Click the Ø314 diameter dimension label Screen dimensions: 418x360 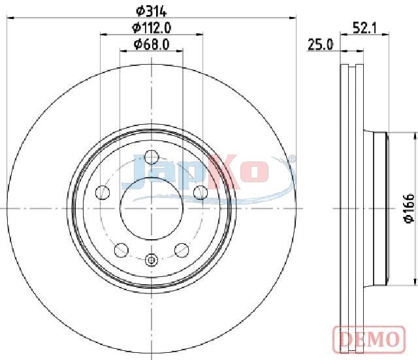pos(151,12)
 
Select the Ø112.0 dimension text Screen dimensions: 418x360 pos(152,28)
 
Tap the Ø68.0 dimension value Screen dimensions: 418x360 pos(152,44)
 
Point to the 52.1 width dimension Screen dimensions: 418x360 pos(364,27)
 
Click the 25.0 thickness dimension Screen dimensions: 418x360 pos(320,44)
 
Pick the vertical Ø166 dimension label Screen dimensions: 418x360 pos(409,208)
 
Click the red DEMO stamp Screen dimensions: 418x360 pos(369,339)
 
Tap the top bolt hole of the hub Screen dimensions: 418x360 pos(152,157)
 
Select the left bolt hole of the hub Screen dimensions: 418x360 pos(103,193)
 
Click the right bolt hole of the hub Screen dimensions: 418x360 pos(201,193)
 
